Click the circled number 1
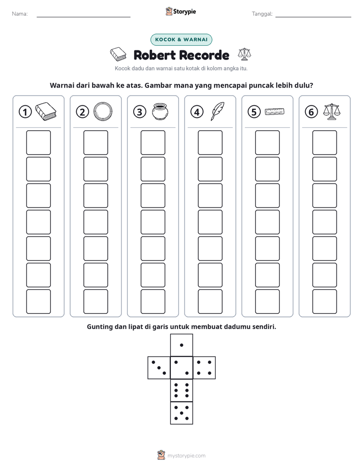pos(25,112)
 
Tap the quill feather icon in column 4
pos(218,111)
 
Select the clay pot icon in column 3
pos(160,111)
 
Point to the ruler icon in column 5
pos(275,111)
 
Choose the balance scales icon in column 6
pos(332,111)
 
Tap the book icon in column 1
pos(46,111)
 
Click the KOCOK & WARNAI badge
pos(181,40)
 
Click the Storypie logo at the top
pos(180,12)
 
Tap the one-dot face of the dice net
pos(181,345)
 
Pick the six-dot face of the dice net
pos(181,391)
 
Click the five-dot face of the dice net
pos(181,413)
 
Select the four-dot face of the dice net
pos(204,368)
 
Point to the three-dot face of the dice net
pos(159,368)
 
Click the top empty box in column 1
pos(38,142)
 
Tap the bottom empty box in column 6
pos(324,302)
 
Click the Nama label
pos(20,14)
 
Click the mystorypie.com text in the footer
pos(186,456)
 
